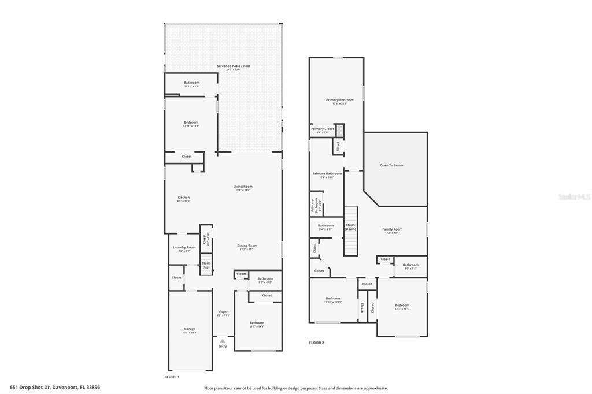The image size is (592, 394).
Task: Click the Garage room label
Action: coord(190,329)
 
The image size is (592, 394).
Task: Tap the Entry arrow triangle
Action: coord(222,341)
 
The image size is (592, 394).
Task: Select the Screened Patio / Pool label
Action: coord(233,66)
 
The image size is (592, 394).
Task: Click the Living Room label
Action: coord(243,187)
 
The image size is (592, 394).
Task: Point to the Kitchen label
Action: coord(183,198)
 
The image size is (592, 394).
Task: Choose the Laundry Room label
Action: coord(184,247)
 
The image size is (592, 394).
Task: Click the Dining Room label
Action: coord(247,246)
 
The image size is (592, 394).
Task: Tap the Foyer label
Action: coord(223,312)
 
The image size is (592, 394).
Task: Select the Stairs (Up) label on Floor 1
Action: coord(206,265)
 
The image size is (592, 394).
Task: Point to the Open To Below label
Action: coord(391,165)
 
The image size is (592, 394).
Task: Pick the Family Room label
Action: coord(392,229)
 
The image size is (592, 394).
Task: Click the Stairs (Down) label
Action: coord(350,226)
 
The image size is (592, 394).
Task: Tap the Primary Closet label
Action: coord(322,129)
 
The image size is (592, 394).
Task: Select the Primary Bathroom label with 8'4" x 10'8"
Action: coord(327,173)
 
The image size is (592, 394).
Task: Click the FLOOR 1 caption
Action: coord(172,377)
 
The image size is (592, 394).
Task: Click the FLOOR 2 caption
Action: coord(316,343)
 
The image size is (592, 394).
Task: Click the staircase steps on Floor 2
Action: coord(350,243)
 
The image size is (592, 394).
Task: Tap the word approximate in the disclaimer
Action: coord(375,388)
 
